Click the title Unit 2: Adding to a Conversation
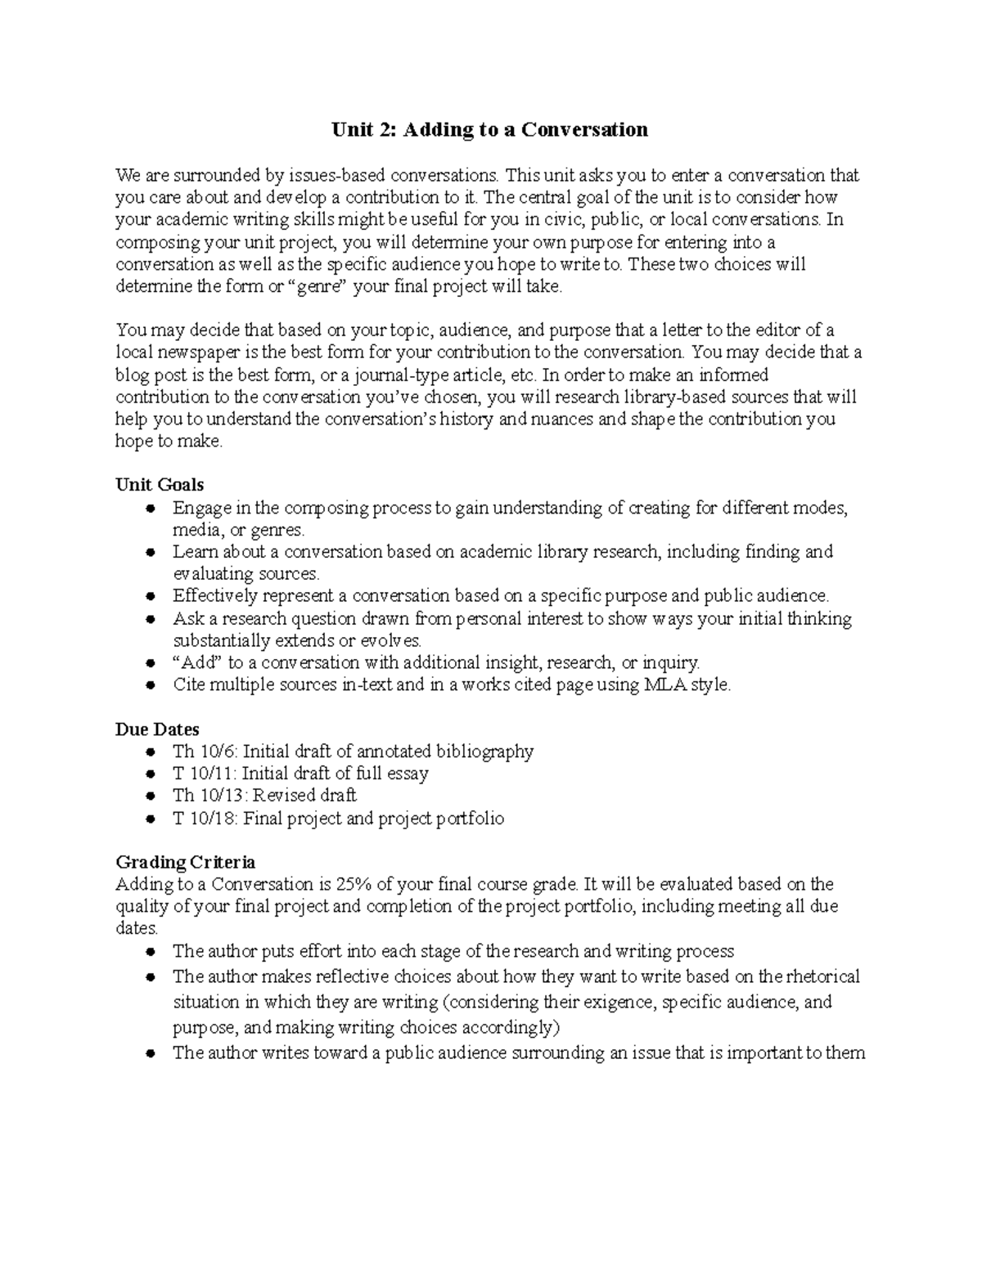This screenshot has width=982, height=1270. click(489, 129)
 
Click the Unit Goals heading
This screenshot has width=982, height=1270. click(160, 485)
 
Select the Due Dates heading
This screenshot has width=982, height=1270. click(157, 729)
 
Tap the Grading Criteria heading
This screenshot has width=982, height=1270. click(185, 862)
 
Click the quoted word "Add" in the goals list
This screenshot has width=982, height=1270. click(196, 662)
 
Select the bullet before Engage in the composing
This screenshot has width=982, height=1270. click(150, 509)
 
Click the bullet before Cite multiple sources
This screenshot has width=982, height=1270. click(150, 685)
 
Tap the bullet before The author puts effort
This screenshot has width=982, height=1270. click(150, 952)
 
